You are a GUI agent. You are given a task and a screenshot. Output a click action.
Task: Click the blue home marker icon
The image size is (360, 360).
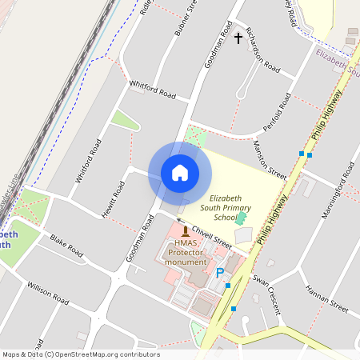179,172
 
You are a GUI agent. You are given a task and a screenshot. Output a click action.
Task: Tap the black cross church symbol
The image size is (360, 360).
238,38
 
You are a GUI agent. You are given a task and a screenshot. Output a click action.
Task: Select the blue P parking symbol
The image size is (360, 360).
220,273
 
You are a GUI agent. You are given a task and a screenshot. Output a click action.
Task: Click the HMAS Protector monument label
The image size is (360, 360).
186,253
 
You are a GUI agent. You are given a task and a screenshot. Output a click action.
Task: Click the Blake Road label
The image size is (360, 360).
66,246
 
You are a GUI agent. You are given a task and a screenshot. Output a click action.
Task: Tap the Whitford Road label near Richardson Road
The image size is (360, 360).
153,88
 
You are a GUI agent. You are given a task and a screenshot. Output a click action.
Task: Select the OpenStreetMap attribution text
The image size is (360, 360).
81,354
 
